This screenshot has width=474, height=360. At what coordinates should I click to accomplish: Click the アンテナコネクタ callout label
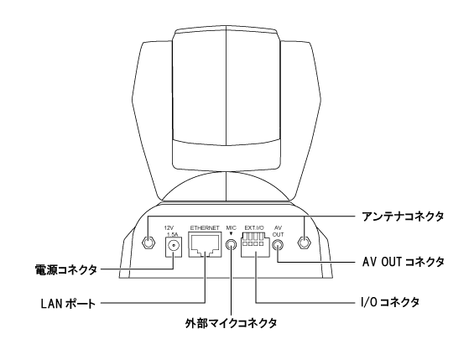point(403,217)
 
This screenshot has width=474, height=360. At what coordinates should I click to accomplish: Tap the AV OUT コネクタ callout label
point(404,262)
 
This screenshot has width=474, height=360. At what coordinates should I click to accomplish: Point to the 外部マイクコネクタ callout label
point(231,323)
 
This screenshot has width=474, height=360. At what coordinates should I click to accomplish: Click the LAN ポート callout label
point(68,304)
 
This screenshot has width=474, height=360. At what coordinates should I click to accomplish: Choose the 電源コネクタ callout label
point(66,269)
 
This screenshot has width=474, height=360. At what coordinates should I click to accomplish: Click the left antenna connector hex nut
point(148,243)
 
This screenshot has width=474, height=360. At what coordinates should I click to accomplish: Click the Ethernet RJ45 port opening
point(205,245)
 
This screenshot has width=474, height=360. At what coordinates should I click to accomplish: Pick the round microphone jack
point(232,244)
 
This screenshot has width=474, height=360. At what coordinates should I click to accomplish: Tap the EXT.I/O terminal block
point(255,245)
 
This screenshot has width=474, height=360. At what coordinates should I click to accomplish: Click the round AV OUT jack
point(279,244)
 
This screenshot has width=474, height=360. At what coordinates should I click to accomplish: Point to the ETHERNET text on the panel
point(205,228)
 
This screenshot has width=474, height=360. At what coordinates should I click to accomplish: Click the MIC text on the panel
point(232,228)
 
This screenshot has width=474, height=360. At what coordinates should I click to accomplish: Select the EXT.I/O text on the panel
point(254,228)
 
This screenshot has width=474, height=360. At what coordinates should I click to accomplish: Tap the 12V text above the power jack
point(169,228)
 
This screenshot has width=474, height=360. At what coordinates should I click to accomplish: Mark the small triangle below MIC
point(232,234)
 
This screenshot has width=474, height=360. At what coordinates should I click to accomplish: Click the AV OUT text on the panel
point(279,232)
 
